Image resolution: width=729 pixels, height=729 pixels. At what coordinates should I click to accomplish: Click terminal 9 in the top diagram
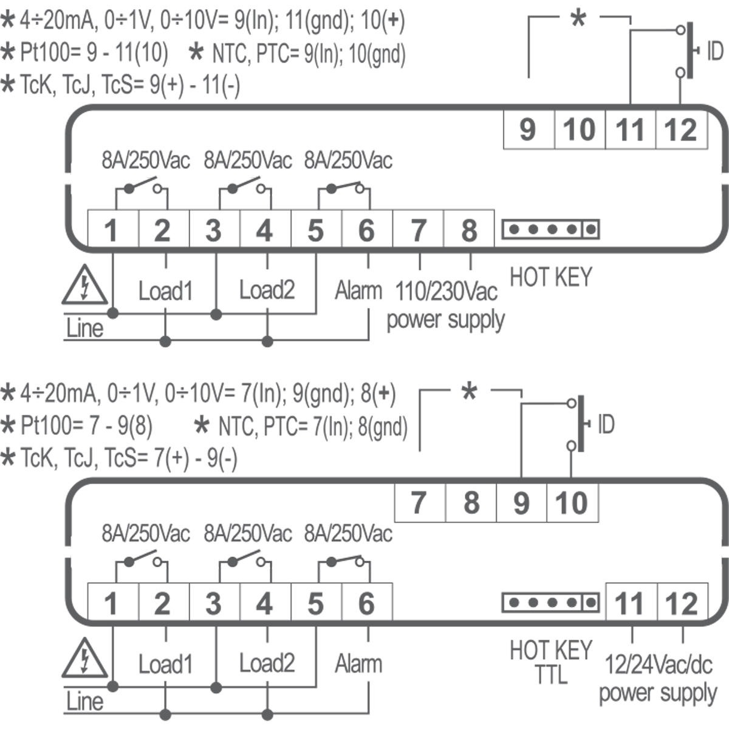tap(529, 129)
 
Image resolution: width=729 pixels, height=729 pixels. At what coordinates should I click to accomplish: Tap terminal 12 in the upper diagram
tap(681, 129)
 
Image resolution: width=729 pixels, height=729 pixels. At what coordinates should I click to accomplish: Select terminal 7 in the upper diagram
tap(418, 230)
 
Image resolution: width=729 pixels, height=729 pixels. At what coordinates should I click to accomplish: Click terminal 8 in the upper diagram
tap(469, 230)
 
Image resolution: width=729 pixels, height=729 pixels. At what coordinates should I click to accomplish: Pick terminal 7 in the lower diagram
tap(419, 503)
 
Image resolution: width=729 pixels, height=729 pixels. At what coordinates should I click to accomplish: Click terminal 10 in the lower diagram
tap(572, 503)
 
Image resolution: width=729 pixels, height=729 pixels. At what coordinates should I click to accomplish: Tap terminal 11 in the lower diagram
tap(630, 603)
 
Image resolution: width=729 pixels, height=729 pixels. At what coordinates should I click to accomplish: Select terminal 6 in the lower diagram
tap(366, 603)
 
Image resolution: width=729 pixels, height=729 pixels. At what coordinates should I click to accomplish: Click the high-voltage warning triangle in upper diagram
tap(84, 286)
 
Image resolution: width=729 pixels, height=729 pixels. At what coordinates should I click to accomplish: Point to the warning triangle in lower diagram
tap(84, 659)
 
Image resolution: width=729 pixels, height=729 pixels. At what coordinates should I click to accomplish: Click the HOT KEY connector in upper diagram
tap(550, 230)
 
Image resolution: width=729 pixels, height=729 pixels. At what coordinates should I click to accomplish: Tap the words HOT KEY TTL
tap(550, 662)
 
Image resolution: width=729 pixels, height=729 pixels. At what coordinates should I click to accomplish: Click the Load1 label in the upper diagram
tap(165, 290)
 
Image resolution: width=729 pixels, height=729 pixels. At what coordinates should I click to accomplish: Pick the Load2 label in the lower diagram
tap(267, 663)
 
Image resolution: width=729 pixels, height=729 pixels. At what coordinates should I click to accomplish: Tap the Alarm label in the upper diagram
tap(358, 290)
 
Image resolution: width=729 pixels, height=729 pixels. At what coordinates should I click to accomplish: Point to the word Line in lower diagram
tap(84, 702)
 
